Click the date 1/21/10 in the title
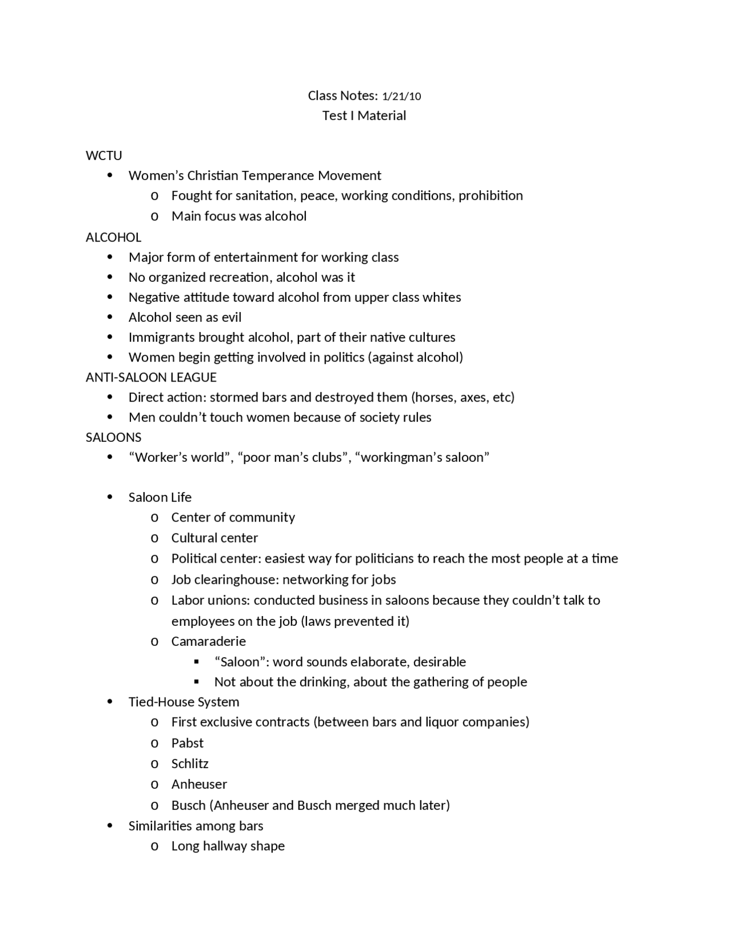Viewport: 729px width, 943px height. pos(402,96)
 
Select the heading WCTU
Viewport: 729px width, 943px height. pos(104,155)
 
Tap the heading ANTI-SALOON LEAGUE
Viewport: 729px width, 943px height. pos(151,378)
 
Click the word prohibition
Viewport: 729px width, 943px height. pos(490,196)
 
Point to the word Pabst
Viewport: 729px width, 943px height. pos(187,743)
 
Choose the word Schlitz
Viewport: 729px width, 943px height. pos(190,764)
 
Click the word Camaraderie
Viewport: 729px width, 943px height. pos(208,642)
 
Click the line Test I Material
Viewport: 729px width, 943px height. pos(364,116)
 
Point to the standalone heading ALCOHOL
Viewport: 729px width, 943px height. pos(113,237)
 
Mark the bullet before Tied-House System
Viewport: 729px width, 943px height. pos(110,702)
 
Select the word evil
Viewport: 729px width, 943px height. pos(231,317)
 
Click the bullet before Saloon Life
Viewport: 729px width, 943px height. pos(110,497)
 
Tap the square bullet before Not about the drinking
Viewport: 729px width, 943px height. pos(196,682)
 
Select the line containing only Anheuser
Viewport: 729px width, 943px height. pos(199,785)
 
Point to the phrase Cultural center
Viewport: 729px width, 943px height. pos(214,538)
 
